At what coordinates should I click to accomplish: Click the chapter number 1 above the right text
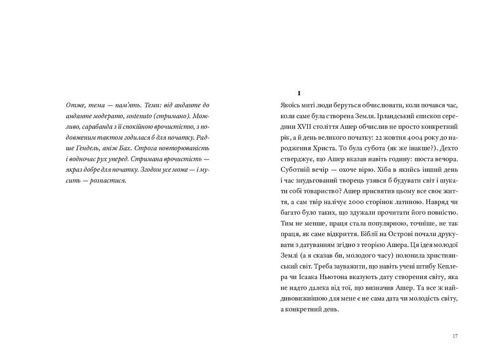pyautogui.click(x=299, y=93)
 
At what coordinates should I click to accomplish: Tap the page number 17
pyautogui.click(x=455, y=336)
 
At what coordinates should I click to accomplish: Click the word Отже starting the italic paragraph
pyautogui.click(x=74, y=105)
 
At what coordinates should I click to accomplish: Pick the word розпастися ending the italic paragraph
pyautogui.click(x=111, y=180)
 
